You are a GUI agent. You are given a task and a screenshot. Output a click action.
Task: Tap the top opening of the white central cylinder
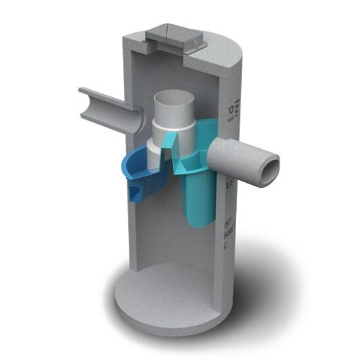click(172, 97)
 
